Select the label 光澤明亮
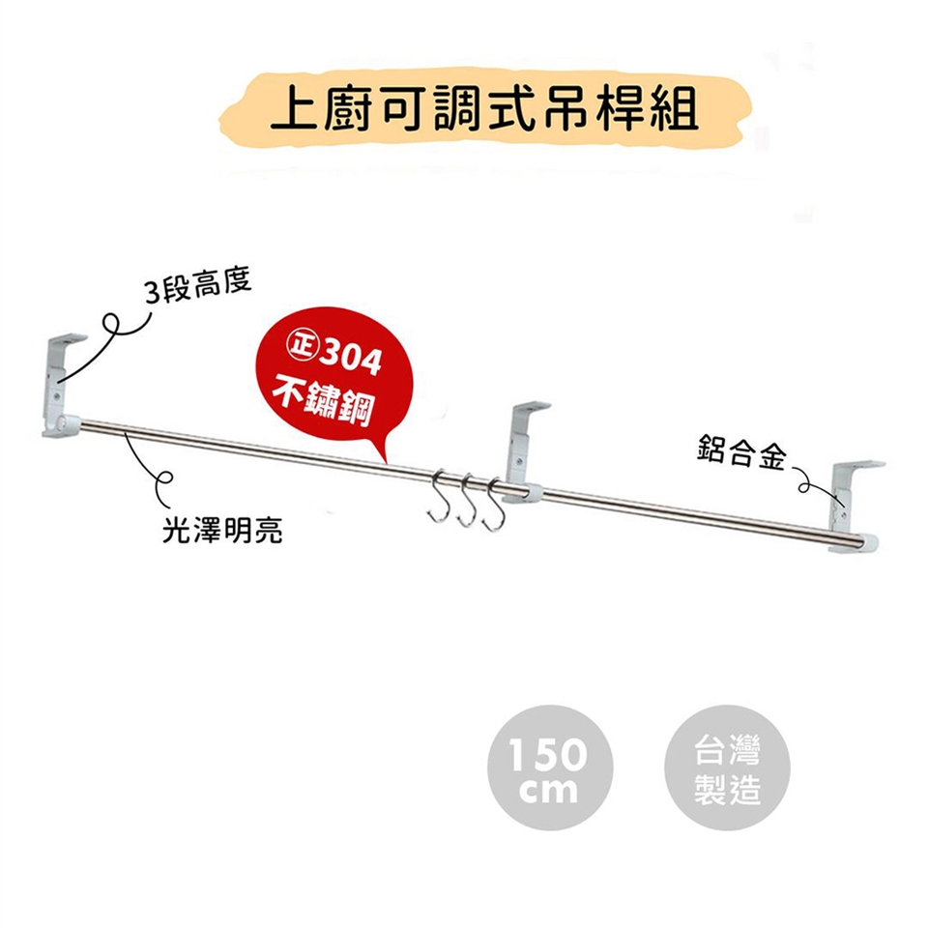(x=222, y=530)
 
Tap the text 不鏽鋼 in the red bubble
(x=323, y=402)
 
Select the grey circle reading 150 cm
(x=550, y=767)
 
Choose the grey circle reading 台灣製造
(x=727, y=767)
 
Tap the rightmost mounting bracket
(x=855, y=507)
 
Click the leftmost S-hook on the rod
(x=437, y=496)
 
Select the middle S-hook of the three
(x=466, y=499)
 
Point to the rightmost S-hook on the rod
(x=493, y=503)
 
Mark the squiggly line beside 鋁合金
(x=816, y=486)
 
